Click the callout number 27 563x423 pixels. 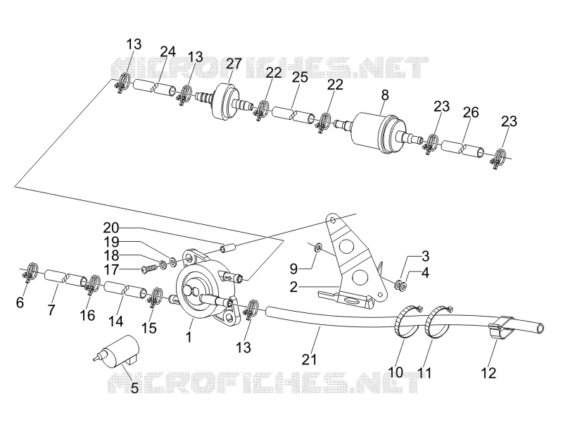tap(234, 63)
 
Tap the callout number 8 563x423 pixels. tap(385, 95)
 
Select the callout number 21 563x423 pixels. tap(310, 360)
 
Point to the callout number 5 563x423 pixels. tap(134, 388)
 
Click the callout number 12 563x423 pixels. tap(488, 373)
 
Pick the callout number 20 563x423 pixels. tap(111, 228)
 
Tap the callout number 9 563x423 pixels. tap(293, 268)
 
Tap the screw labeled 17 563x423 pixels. tap(148, 269)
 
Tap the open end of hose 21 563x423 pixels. tap(540, 329)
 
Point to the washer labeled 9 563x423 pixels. tap(317, 247)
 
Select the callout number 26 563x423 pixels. tap(471, 112)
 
